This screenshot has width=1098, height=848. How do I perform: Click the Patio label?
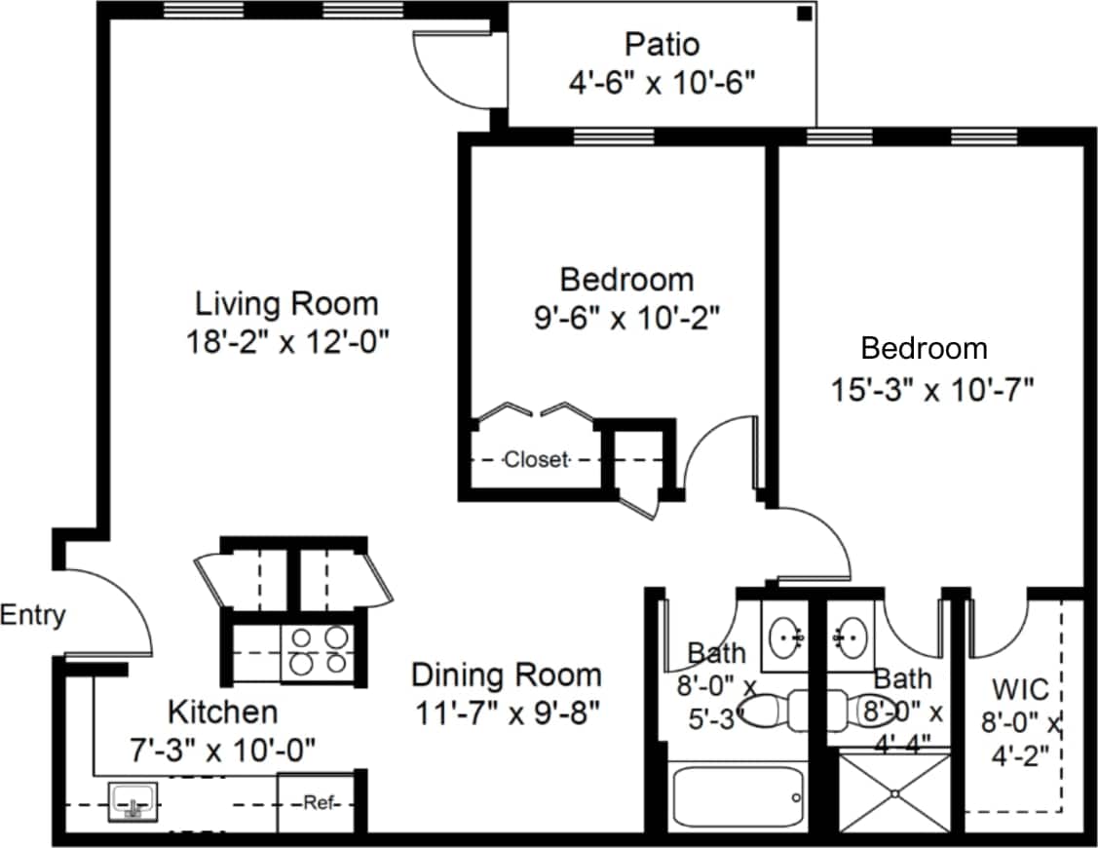(662, 44)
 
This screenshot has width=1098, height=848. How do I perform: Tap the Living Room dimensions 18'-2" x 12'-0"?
(287, 342)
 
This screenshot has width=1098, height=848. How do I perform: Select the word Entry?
(33, 615)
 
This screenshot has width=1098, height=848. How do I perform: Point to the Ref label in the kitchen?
(319, 803)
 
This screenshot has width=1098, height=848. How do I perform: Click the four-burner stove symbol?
(318, 650)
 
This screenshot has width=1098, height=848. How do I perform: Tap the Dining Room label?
(506, 675)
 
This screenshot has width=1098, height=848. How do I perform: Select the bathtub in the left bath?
(738, 798)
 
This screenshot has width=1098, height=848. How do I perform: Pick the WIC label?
(1020, 690)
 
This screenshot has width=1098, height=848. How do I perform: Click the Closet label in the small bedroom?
(536, 459)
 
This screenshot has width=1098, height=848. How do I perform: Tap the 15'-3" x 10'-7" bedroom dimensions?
(931, 390)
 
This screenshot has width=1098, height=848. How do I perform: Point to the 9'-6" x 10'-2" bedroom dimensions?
(626, 318)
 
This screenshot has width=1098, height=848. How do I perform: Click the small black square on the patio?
(804, 14)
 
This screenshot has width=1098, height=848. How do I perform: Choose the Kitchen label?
(222, 712)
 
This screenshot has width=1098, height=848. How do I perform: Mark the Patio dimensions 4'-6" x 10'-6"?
(662, 83)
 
